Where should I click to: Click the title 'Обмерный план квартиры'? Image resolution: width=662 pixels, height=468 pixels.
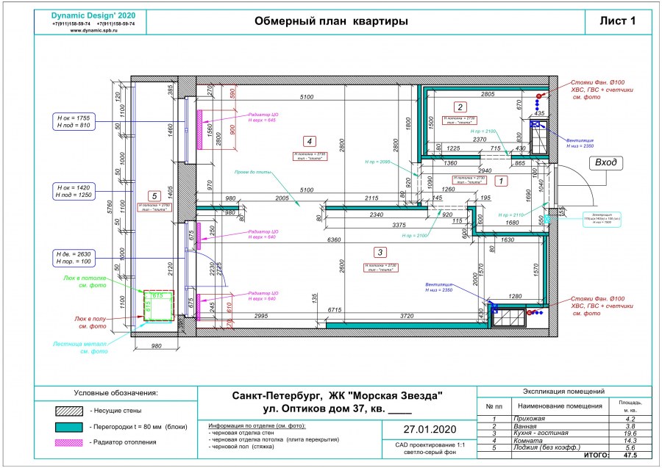pos(331,21)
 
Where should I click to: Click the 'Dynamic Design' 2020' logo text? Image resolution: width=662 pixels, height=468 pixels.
pos(93,15)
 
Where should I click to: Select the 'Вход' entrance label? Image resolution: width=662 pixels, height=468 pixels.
pos(607,163)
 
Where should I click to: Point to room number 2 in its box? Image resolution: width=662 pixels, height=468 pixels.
pos(460,107)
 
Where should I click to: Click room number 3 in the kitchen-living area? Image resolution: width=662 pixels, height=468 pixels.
pos(380,251)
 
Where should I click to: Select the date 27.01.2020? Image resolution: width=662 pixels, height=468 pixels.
pos(430,429)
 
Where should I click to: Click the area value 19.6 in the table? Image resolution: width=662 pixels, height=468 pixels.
pos(629,433)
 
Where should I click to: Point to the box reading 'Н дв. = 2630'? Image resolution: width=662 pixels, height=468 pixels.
pos(73,257)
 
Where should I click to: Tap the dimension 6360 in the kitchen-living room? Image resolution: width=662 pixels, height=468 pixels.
pos(333,240)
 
